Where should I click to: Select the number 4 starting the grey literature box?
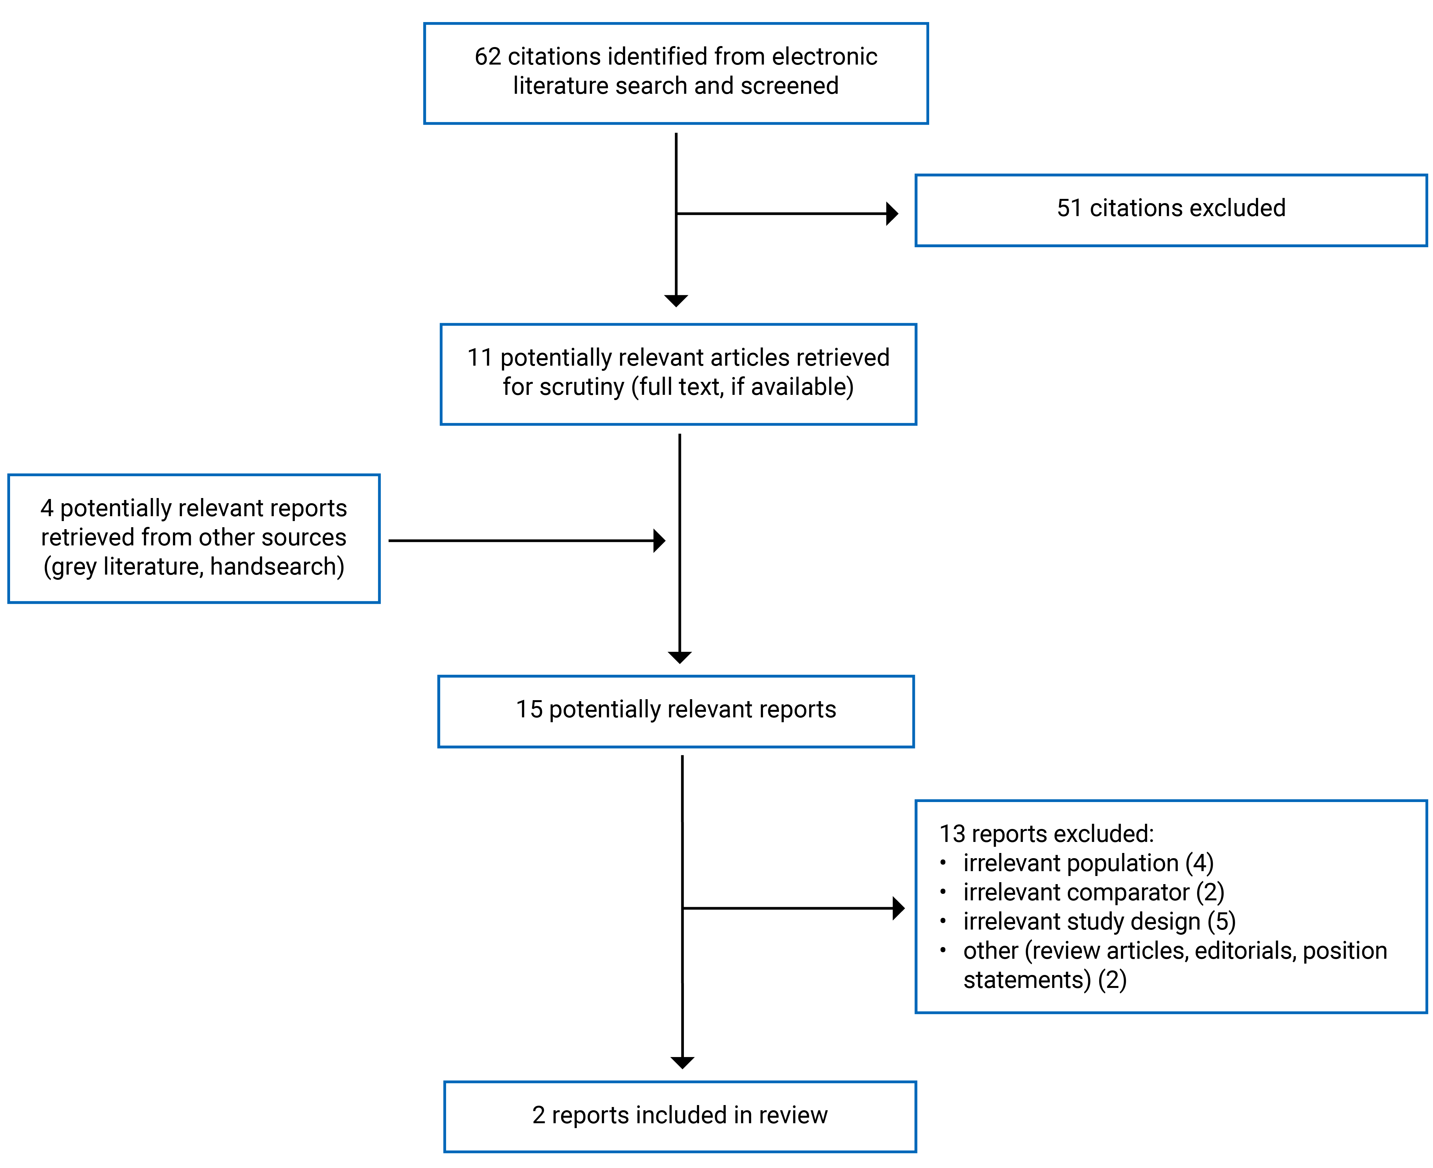point(46,508)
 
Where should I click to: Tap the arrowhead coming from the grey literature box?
point(659,540)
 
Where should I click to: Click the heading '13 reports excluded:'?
point(1046,833)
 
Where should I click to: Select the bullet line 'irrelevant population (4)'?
point(1088,863)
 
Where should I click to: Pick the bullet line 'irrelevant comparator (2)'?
point(1093,892)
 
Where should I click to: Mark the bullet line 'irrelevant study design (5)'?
point(1099,921)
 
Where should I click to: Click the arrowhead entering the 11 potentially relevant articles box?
point(676,301)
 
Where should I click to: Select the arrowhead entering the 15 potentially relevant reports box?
point(679,657)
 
